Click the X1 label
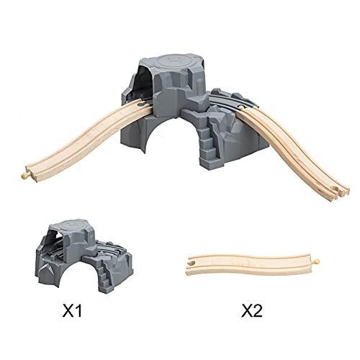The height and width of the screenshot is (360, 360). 72,310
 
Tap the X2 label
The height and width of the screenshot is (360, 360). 252,310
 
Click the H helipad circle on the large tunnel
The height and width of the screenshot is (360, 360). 172,62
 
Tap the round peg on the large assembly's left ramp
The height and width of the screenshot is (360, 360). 24,176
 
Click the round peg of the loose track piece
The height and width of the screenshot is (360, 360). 317,261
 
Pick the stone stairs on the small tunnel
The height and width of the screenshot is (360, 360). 105,276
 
